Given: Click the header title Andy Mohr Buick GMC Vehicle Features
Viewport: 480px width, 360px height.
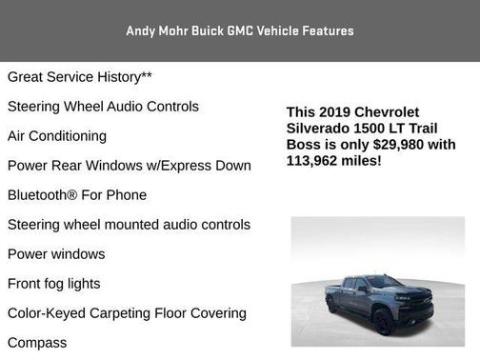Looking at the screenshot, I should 240,30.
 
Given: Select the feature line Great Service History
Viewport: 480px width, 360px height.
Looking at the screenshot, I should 80,77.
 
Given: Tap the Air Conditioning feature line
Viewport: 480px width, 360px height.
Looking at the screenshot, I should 57,136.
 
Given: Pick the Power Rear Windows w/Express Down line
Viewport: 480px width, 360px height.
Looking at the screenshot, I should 130,166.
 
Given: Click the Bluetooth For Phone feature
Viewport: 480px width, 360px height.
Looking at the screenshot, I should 77,195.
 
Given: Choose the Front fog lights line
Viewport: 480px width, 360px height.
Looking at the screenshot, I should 53,284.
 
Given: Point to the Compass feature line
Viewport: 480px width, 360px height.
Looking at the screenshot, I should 37,343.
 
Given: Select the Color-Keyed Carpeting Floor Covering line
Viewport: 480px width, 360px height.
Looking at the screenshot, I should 127,313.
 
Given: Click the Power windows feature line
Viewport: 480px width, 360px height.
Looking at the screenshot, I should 56,254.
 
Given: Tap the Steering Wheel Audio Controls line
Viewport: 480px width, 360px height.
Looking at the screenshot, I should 103,107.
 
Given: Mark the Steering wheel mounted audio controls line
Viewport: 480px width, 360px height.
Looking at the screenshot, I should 129,225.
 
